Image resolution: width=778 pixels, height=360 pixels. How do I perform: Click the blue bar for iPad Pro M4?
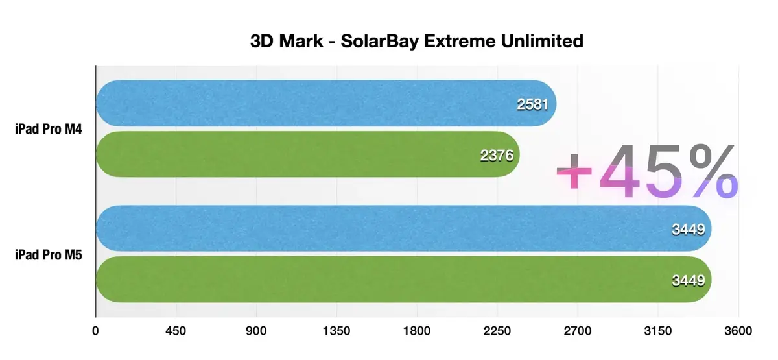[x=311, y=103]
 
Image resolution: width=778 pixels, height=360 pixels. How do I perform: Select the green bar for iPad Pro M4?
[x=292, y=154]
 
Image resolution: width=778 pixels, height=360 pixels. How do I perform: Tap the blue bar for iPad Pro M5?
[x=389, y=228]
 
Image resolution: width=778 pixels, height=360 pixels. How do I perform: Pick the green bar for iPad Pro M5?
[x=389, y=279]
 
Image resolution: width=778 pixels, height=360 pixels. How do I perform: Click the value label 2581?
[x=533, y=104]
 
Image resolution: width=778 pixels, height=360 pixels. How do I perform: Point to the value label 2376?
[x=497, y=155]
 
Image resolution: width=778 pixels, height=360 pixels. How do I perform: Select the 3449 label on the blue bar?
[x=689, y=229]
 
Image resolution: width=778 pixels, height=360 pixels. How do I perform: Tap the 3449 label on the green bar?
[x=689, y=280]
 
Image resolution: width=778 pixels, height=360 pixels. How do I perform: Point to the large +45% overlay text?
[x=647, y=172]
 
